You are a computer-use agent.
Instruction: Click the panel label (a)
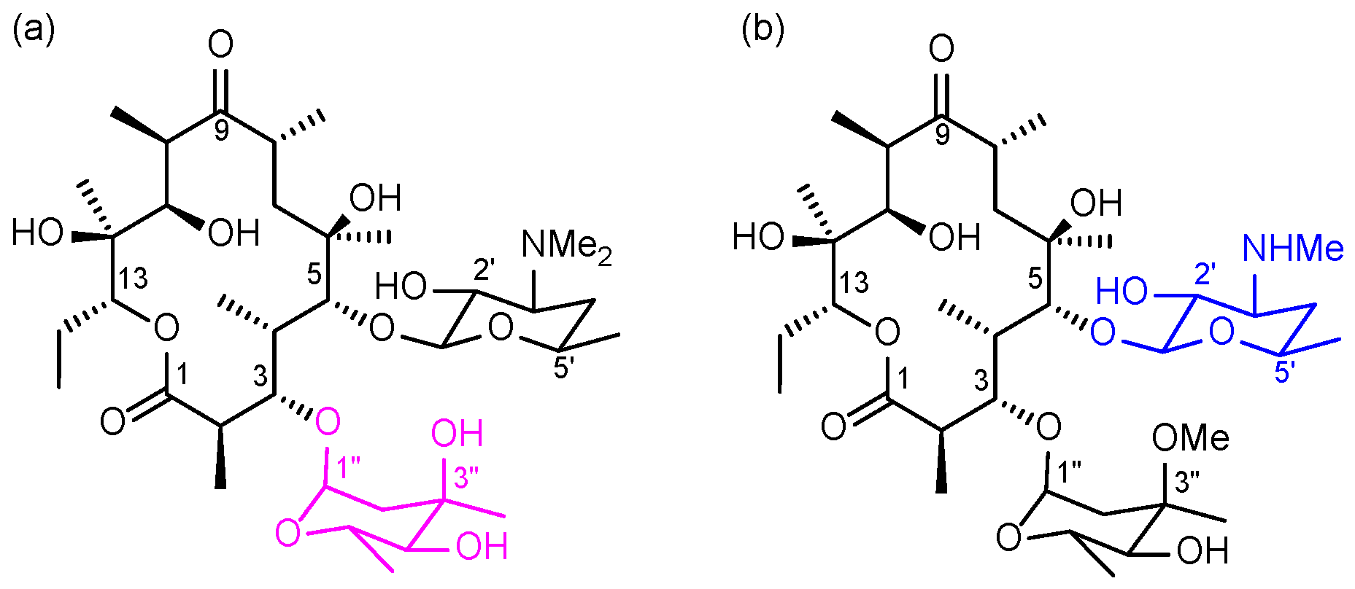34,31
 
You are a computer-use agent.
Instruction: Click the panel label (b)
763,31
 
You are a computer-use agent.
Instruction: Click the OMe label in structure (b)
1190,438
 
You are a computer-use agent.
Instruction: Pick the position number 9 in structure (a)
221,131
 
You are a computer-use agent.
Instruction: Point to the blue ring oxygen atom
1221,333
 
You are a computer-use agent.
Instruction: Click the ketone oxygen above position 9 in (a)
220,45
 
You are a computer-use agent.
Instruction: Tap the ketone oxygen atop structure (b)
941,50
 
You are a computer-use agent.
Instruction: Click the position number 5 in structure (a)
314,275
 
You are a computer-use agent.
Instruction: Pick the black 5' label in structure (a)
563,369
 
